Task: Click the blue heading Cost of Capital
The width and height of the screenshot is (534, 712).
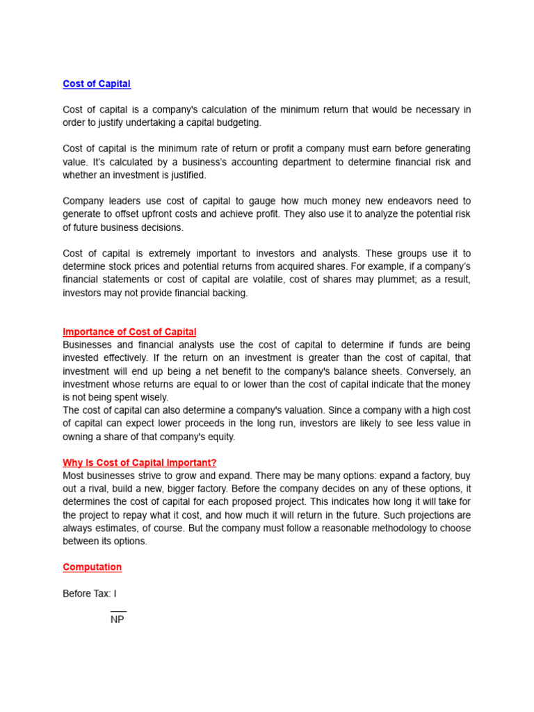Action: (97, 84)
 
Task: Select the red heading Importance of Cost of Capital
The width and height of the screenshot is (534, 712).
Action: (129, 332)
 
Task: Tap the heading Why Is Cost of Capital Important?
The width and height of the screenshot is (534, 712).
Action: (140, 462)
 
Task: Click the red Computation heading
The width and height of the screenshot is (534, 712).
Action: (92, 567)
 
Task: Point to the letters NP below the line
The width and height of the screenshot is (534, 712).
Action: (117, 620)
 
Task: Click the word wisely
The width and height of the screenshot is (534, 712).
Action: (154, 398)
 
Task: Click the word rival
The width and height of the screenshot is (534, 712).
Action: (95, 489)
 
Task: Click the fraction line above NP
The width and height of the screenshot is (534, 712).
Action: (118, 610)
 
